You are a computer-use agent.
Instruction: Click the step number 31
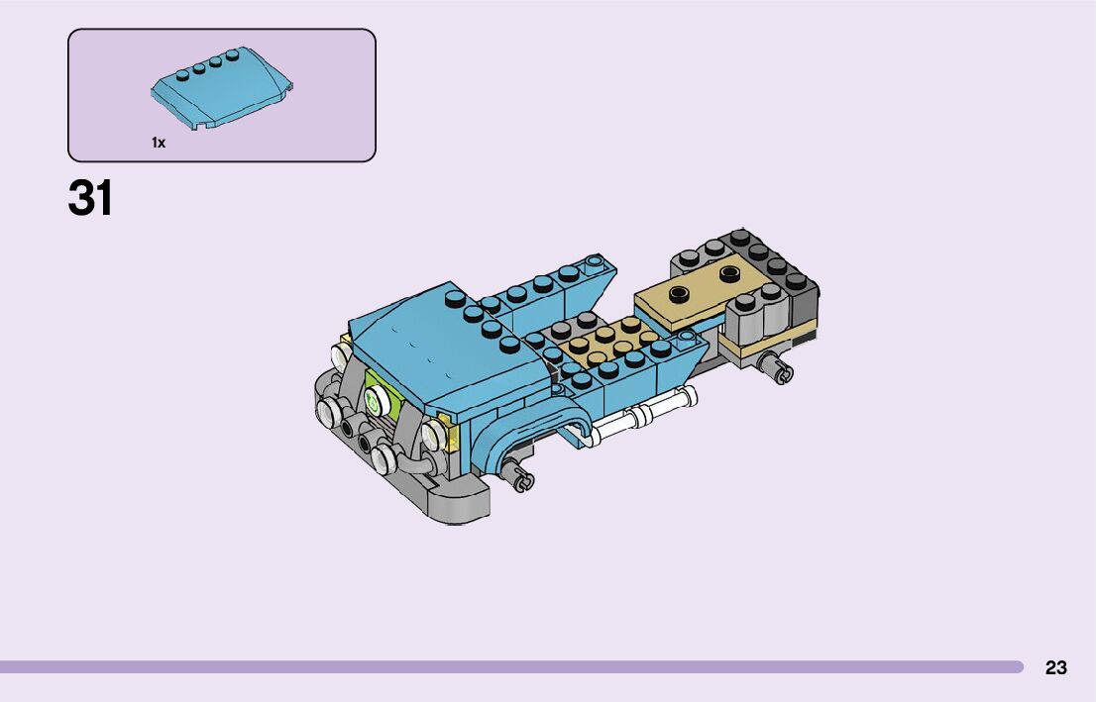(x=90, y=198)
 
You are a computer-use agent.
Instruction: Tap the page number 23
(x=1056, y=667)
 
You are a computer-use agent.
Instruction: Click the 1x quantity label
(x=159, y=143)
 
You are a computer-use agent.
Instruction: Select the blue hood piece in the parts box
(x=222, y=88)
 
